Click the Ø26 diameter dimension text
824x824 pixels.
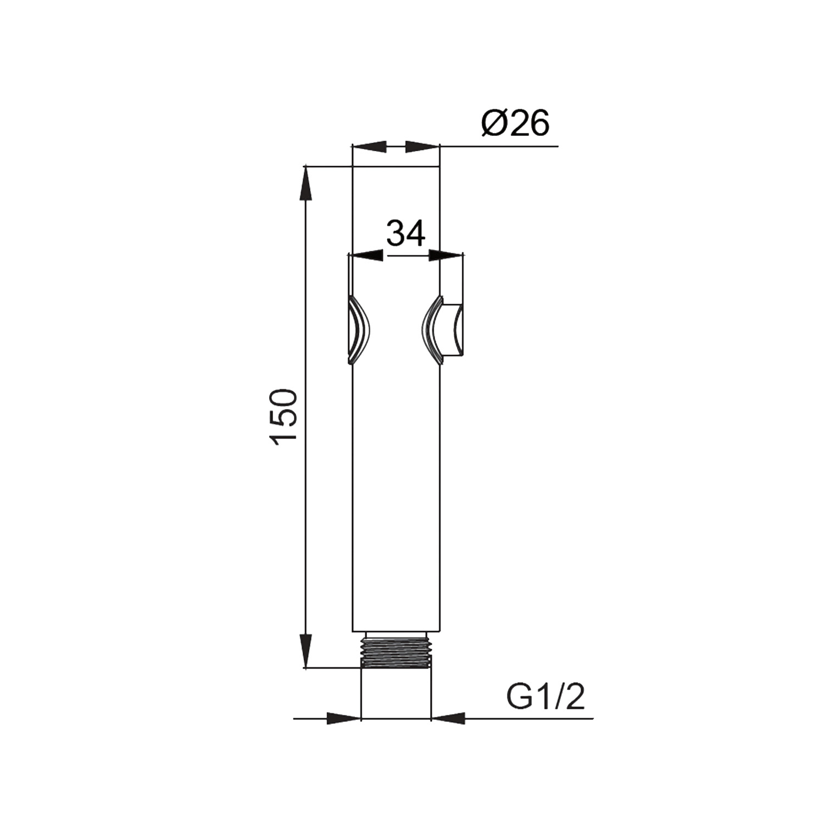coord(515,124)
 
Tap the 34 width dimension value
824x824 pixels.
coord(406,233)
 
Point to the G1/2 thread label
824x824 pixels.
coord(545,698)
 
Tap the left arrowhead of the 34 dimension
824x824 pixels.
coord(366,255)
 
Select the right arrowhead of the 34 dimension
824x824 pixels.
coord(446,255)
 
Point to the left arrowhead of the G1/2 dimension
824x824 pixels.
coord(343,718)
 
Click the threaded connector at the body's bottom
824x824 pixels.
coord(396,652)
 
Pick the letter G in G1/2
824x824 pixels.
coord(518,698)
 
